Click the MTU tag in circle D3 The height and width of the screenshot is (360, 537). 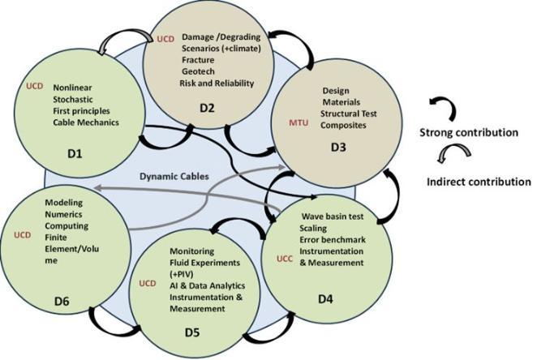click(299, 122)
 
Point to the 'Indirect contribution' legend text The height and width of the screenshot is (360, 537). click(478, 182)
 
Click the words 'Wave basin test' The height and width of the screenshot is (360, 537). click(337, 217)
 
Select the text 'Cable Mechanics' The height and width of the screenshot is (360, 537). click(86, 122)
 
